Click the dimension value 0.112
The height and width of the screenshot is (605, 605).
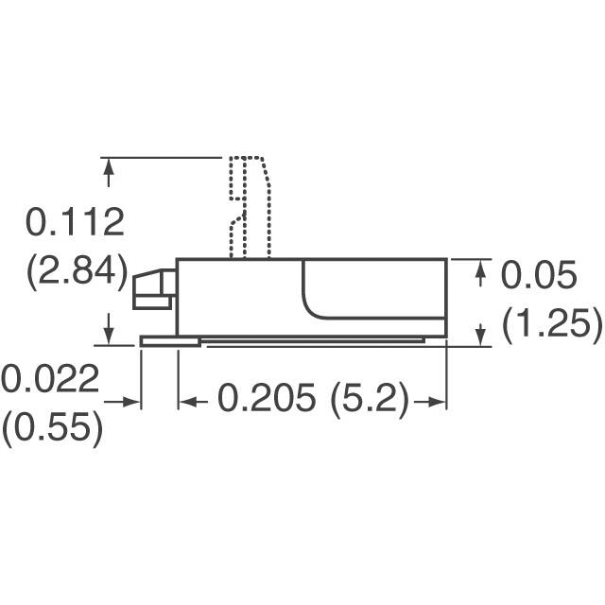(75, 223)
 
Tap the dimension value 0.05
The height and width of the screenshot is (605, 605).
(537, 276)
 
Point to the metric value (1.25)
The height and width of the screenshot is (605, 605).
(552, 324)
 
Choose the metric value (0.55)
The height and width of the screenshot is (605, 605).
(51, 428)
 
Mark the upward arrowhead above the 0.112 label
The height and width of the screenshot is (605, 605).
(110, 169)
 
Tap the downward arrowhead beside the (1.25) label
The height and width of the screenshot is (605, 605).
(480, 334)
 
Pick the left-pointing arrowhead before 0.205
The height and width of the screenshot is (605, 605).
(187, 401)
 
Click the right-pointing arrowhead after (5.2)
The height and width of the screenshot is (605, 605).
(436, 401)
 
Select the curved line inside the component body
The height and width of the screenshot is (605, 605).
(312, 302)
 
